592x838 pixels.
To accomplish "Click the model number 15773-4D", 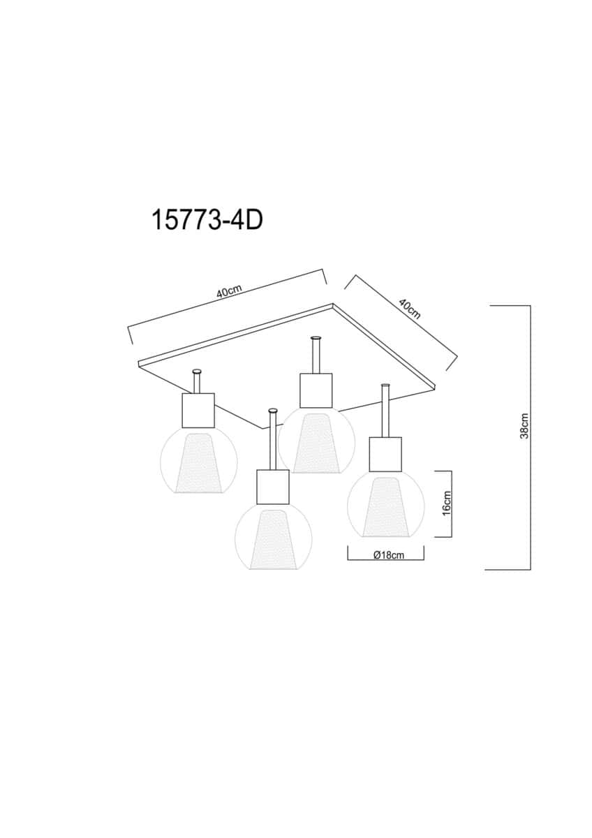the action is click(207, 221).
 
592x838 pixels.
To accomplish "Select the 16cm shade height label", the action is click(447, 503).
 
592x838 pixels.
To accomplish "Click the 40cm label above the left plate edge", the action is click(229, 291).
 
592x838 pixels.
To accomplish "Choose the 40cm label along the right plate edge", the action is click(410, 309).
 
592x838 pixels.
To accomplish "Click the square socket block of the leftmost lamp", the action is click(198, 410).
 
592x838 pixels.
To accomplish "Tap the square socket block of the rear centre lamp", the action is click(316, 390).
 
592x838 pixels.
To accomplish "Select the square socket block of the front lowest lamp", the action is click(274, 487).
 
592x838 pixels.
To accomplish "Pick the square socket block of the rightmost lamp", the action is click(385, 455).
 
